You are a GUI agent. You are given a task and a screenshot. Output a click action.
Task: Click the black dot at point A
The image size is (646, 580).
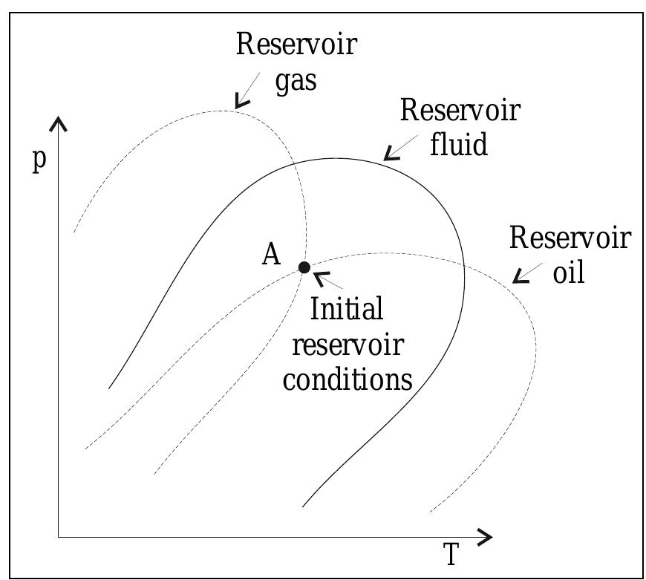pos(304,267)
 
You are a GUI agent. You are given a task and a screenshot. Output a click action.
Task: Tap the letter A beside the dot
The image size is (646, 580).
pos(271,255)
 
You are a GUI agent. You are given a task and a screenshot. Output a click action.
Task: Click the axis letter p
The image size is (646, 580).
pos(39,161)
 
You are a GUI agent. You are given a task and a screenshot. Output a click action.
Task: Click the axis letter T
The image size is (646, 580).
pos(451,554)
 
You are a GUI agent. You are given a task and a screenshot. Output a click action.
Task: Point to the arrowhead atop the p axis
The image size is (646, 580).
pos(59,122)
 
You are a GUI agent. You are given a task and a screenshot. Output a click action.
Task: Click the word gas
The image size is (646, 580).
pos(296,80)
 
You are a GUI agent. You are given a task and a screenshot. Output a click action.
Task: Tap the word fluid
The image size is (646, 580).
pos(459,143)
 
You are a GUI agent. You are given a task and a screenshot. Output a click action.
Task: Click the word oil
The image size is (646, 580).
pos(570,272)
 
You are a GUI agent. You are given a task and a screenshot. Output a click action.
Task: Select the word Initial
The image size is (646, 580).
pos(346,309)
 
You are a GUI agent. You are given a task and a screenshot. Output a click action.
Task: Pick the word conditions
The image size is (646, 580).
pos(347,379)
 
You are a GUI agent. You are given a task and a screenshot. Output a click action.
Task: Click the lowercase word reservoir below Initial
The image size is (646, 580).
pos(347,345)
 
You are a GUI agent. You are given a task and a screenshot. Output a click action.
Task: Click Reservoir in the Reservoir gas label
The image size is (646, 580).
pos(296,45)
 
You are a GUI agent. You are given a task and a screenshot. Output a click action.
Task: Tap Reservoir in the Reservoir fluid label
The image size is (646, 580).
pos(460,110)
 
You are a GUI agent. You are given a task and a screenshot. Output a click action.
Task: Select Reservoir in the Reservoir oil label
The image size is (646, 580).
pos(570,238)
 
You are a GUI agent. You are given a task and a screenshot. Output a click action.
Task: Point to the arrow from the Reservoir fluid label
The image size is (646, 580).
pos(393,151)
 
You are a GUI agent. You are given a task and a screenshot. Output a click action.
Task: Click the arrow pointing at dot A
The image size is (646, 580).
pos(327,281)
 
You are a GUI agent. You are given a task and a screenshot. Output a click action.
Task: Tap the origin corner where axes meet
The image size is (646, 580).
pos(59,536)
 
